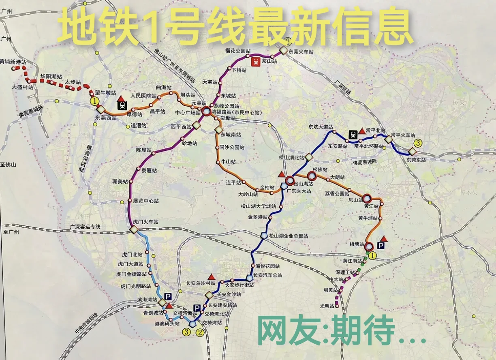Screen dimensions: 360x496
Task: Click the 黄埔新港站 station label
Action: (x=13, y=62)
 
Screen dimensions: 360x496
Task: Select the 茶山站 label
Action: (x=269, y=61)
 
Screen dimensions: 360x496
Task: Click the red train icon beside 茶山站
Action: (x=256, y=61)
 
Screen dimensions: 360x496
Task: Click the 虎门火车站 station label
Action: (x=145, y=222)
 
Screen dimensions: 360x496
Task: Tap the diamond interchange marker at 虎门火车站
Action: (x=134, y=230)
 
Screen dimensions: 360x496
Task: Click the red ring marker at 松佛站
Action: (x=311, y=176)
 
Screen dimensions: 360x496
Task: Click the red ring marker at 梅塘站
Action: (x=369, y=246)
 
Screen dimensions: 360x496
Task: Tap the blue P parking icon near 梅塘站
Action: (x=381, y=245)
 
